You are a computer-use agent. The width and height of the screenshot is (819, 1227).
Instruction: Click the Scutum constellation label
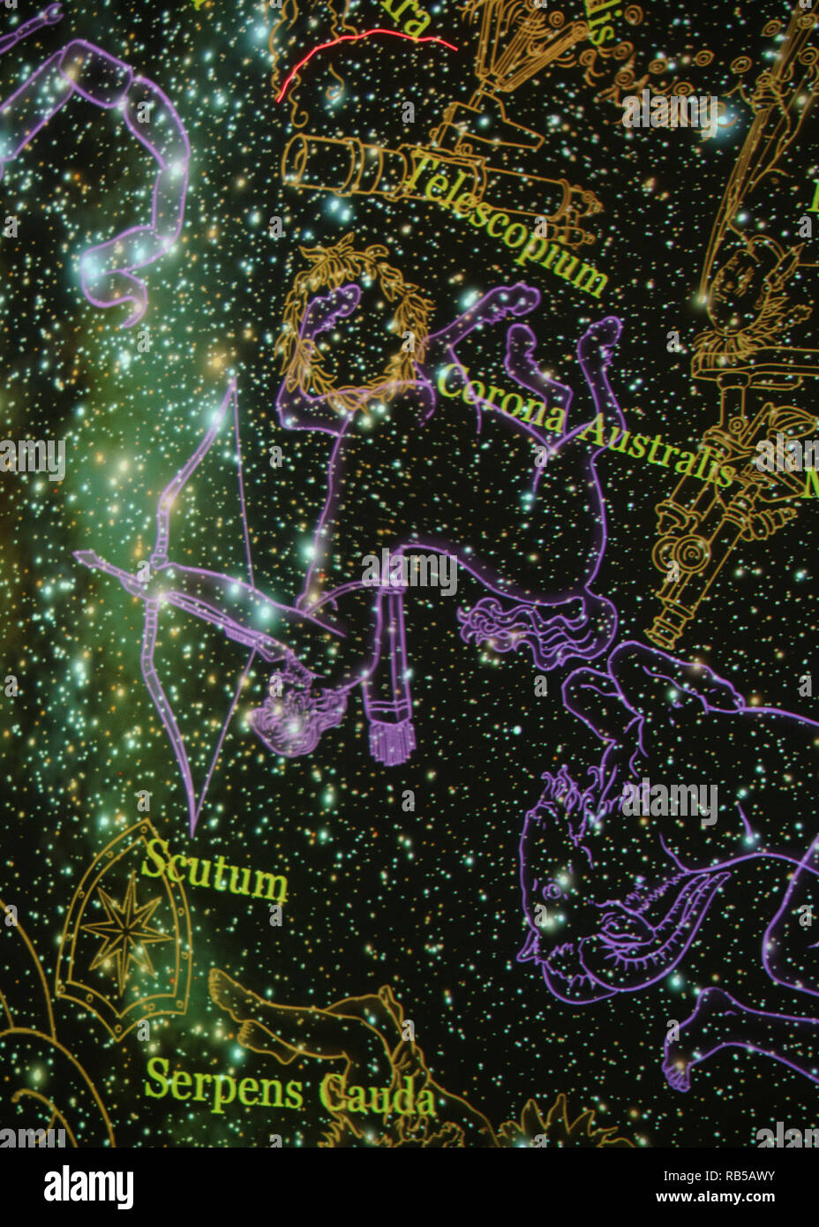214,872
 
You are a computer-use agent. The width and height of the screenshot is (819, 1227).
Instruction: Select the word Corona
500,397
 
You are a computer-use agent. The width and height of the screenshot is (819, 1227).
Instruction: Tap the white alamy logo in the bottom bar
88,1187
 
